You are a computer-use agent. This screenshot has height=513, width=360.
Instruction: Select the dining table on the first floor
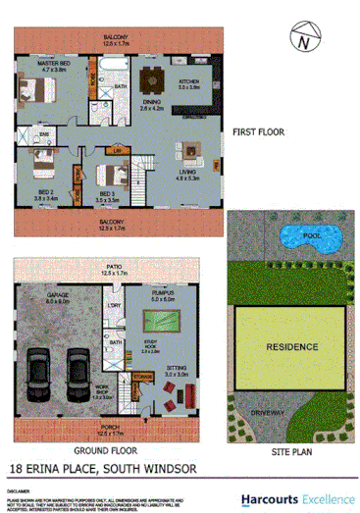point(151,80)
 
